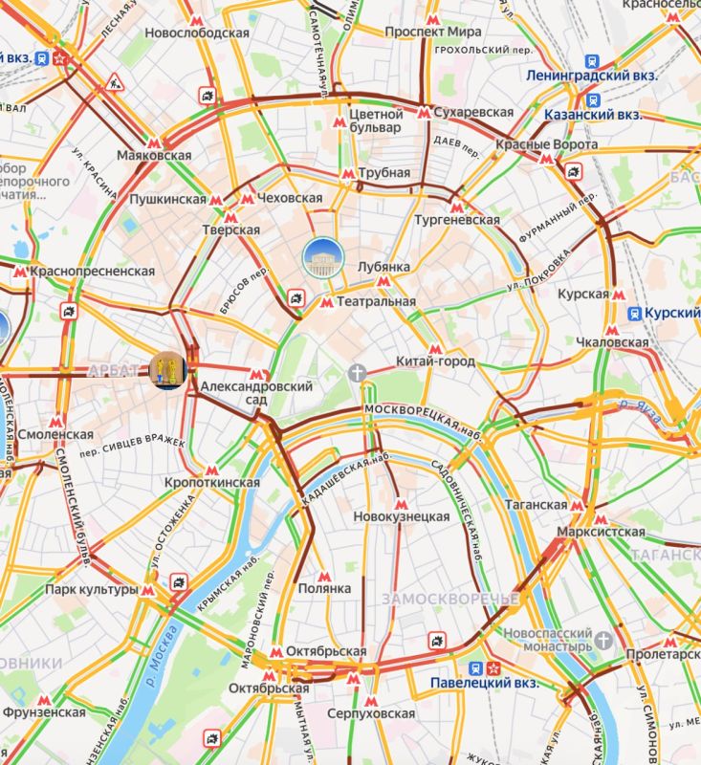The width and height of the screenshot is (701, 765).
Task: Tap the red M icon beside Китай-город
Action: [436, 348]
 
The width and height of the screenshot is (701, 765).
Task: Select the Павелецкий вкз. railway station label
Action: [484, 684]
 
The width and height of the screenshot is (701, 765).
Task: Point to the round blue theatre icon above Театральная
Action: [318, 256]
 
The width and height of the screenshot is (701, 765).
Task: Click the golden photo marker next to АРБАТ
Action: [166, 370]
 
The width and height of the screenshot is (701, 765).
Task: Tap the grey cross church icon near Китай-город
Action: [358, 371]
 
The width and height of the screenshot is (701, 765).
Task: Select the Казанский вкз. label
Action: [592, 115]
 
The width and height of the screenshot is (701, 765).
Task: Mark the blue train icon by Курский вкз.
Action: [634, 314]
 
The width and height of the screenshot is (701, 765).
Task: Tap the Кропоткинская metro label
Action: [212, 482]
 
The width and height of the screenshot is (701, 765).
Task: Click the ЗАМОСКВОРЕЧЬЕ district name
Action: [449, 599]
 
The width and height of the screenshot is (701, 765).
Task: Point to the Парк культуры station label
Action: [91, 589]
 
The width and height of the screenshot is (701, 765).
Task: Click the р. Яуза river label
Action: [645, 405]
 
